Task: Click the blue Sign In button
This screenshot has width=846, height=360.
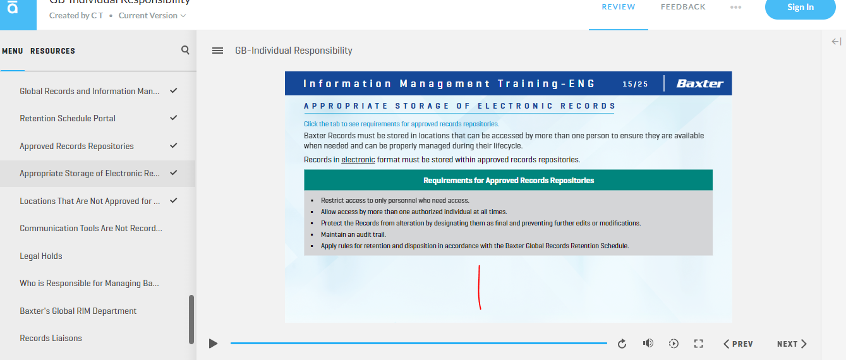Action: [x=800, y=8]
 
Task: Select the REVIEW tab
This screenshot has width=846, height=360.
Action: [x=619, y=7]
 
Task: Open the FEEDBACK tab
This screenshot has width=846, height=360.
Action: [x=683, y=7]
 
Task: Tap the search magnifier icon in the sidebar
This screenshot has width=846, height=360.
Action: [x=185, y=50]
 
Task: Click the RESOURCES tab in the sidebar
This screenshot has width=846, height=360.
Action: [x=53, y=51]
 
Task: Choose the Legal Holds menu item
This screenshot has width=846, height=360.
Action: [x=41, y=256]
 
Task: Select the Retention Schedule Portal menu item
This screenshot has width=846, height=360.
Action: [x=68, y=118]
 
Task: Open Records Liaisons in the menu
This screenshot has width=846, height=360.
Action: [x=51, y=338]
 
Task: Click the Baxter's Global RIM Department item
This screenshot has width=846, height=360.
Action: [x=78, y=311]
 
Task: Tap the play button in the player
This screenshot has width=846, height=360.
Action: [x=213, y=344]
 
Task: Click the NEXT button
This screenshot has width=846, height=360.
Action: [x=792, y=344]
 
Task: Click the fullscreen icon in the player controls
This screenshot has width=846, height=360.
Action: [x=698, y=344]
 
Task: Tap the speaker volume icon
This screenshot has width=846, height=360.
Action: [x=648, y=343]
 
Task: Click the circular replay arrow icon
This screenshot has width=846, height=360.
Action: [x=622, y=344]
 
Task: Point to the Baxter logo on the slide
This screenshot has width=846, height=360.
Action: [x=700, y=83]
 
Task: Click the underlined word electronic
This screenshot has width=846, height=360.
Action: [x=358, y=160]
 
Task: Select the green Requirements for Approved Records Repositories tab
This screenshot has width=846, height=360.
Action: [x=509, y=180]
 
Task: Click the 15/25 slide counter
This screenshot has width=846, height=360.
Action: [x=635, y=84]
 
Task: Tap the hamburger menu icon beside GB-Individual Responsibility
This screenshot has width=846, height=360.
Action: [x=217, y=51]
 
